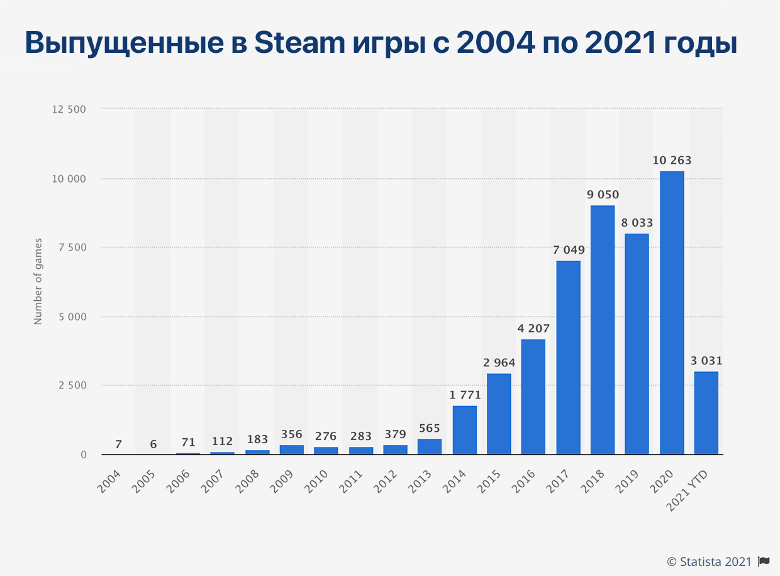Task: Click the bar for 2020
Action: click(672, 313)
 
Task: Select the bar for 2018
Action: click(603, 330)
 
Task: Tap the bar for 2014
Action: click(464, 430)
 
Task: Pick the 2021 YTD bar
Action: click(706, 413)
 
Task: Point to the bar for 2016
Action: click(533, 397)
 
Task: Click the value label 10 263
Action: click(672, 161)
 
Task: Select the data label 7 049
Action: click(569, 251)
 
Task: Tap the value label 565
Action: click(430, 429)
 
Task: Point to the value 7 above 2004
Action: click(119, 444)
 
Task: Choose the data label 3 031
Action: click(706, 361)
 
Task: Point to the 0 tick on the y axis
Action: click(83, 455)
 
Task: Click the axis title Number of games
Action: click(38, 281)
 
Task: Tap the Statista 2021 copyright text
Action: click(709, 562)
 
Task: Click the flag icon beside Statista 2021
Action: click(764, 562)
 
